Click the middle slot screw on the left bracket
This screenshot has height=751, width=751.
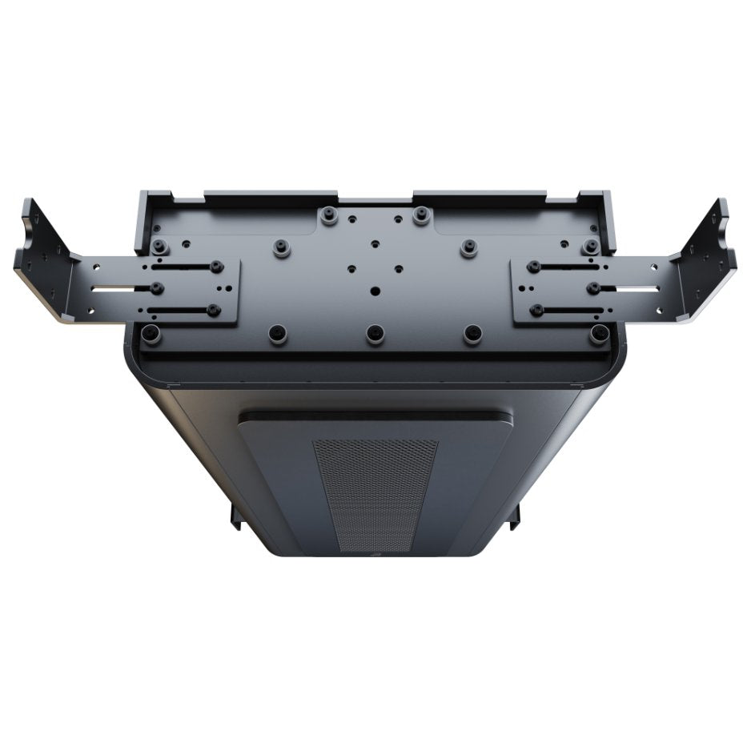click(x=157, y=287)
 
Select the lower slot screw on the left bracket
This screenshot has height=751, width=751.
click(x=213, y=309)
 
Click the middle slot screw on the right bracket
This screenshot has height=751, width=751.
click(x=592, y=287)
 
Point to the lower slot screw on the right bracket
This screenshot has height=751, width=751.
click(x=537, y=309)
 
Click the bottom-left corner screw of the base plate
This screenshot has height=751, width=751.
click(x=151, y=333)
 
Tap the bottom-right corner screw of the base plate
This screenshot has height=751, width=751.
click(x=598, y=333)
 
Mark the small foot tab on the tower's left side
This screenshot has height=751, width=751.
click(x=235, y=516)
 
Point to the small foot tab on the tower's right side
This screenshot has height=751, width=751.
click(x=515, y=516)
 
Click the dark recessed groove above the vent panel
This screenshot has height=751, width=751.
click(x=375, y=416)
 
